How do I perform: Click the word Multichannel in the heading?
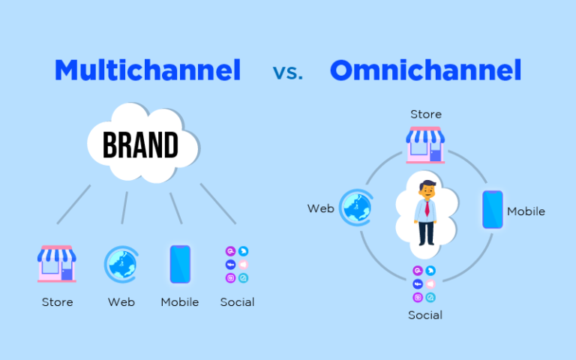[148, 70]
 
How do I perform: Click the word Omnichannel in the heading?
[425, 70]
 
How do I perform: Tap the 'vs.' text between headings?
[289, 73]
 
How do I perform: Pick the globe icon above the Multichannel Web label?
[121, 264]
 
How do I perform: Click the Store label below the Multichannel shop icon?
[57, 302]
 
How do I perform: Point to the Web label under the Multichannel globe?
[121, 302]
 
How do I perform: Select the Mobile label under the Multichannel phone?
[180, 302]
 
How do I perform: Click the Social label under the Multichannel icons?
[237, 302]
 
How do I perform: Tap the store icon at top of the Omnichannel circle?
[425, 145]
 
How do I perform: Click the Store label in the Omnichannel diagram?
[425, 115]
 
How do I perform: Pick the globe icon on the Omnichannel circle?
[355, 207]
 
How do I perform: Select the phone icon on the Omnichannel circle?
[492, 209]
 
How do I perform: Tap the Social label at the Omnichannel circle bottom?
[425, 315]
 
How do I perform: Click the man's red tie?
[426, 209]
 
